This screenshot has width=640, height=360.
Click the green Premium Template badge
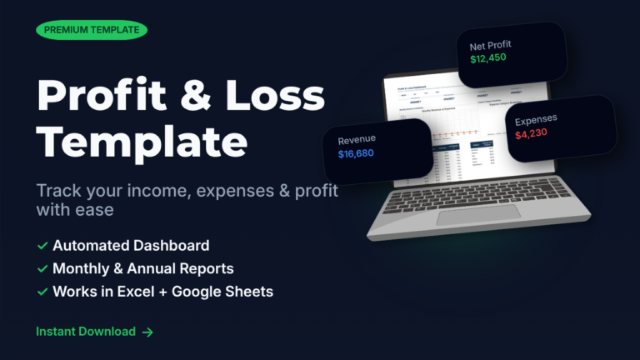click(x=92, y=30)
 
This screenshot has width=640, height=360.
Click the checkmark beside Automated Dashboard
click(x=42, y=246)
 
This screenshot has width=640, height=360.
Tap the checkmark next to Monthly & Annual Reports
click(x=42, y=269)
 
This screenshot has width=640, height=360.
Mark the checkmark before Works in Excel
click(x=42, y=292)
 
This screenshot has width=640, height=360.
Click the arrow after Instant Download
click(x=147, y=332)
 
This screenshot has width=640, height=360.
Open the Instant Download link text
click(x=85, y=332)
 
